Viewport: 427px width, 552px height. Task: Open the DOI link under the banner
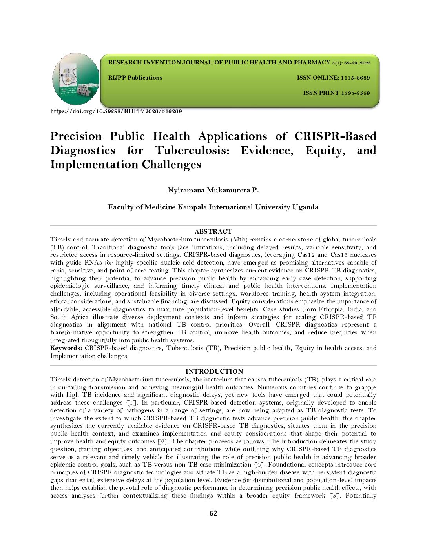point(116,111)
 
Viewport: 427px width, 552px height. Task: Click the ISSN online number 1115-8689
point(355,78)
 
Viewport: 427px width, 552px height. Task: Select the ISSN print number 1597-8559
point(355,93)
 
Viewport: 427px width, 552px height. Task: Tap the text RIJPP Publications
point(135,78)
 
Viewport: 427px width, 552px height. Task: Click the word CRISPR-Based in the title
point(335,136)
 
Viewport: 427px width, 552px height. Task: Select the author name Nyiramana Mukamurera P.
point(213,191)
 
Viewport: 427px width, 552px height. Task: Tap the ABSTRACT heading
point(213,232)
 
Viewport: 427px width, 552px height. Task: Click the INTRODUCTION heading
point(214,371)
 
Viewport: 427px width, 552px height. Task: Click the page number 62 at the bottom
point(213,514)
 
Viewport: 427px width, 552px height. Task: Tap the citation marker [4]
point(259,465)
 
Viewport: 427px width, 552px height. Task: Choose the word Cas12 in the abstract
point(304,255)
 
